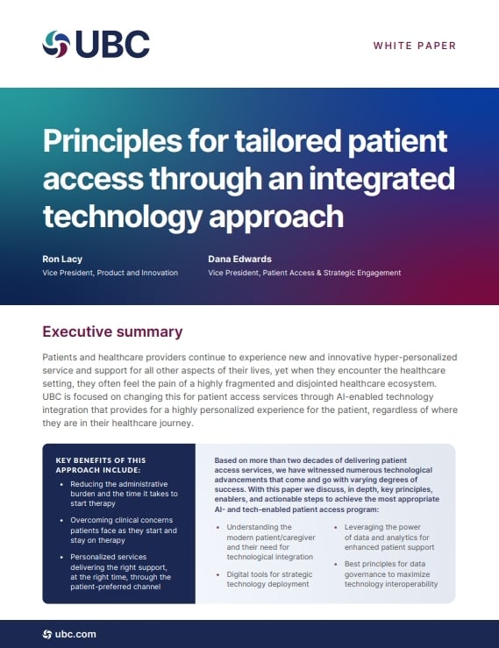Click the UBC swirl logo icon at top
56,44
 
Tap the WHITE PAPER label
415,46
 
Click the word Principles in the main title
112,142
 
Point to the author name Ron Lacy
62,260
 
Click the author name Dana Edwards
239,260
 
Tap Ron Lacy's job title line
110,273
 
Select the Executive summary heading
112,331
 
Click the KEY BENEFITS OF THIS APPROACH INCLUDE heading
101,465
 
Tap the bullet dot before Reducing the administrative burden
61,484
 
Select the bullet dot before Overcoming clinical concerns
61,521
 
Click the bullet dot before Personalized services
61,558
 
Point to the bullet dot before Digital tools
217,575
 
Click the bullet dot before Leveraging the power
336,528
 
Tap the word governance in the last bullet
365,574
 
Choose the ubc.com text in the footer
75,634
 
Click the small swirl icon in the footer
47,634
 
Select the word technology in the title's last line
122,217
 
